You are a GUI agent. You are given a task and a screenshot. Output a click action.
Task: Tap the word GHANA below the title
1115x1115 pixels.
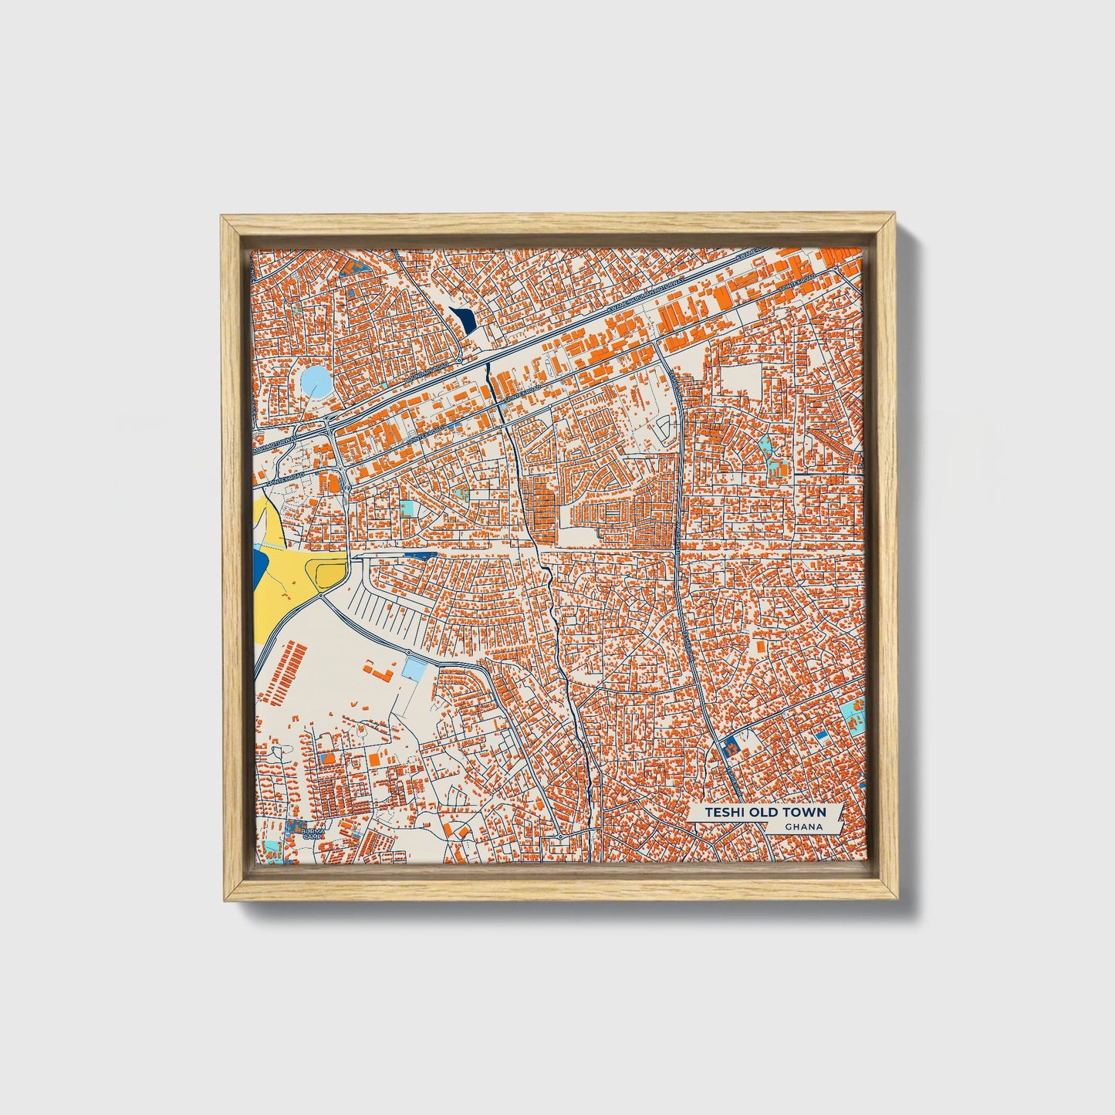point(802,827)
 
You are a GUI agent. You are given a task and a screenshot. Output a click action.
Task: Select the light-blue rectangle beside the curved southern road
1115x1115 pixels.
point(414,668)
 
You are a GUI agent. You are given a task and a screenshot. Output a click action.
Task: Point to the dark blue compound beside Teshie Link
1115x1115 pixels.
point(728,745)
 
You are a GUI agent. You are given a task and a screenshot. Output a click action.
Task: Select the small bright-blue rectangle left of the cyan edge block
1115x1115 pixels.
point(823,737)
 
